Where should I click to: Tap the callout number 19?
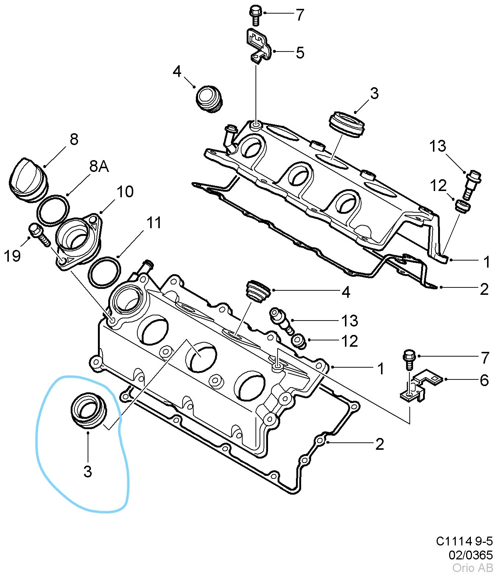(x=12, y=255)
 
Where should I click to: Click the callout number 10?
(x=125, y=192)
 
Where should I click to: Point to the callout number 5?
(x=300, y=53)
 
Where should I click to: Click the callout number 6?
(x=484, y=380)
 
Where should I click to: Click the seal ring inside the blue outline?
(x=88, y=411)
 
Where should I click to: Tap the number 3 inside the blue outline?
(x=87, y=471)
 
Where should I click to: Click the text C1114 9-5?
(x=464, y=541)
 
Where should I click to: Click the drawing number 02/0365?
(x=470, y=555)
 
